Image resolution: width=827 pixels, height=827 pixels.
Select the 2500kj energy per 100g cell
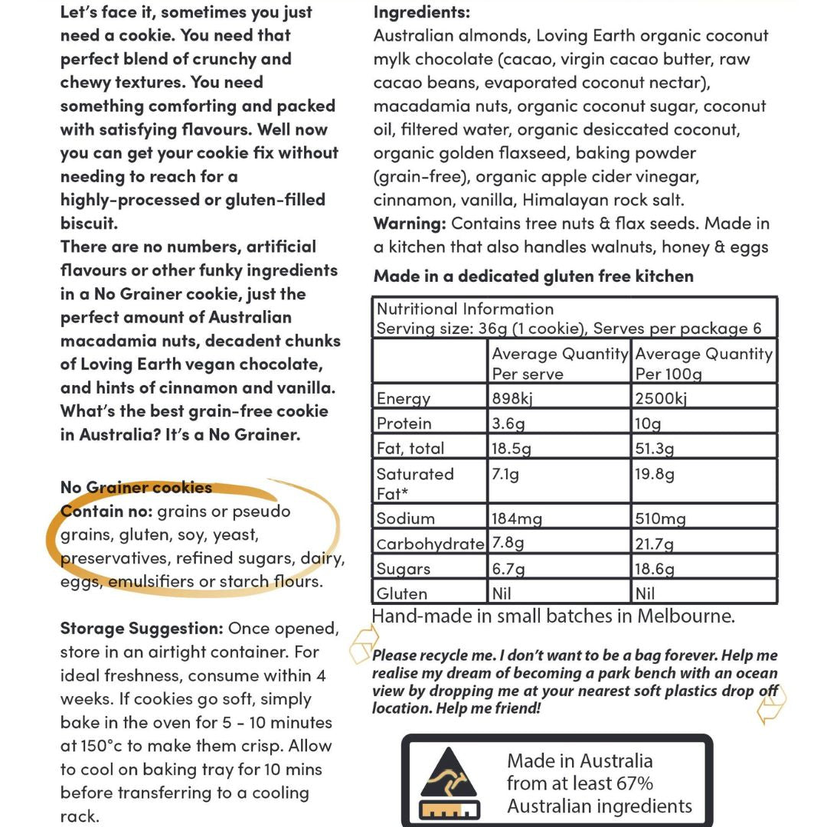click(x=661, y=398)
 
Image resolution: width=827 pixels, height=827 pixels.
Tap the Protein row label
click(x=404, y=423)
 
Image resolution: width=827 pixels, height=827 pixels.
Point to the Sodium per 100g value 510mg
click(x=660, y=518)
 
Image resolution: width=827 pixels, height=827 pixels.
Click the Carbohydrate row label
click(x=430, y=544)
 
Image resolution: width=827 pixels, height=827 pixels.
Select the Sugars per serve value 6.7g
click(x=508, y=569)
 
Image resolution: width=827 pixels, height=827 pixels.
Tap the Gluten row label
click(x=401, y=593)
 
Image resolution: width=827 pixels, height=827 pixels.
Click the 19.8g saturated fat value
click(x=655, y=474)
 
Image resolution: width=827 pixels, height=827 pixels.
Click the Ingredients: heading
click(x=422, y=12)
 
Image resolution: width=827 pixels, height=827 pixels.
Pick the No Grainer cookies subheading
click(x=136, y=488)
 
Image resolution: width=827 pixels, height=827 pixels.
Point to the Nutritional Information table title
click(x=465, y=309)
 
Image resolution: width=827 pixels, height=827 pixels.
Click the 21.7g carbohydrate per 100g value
click(x=655, y=544)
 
